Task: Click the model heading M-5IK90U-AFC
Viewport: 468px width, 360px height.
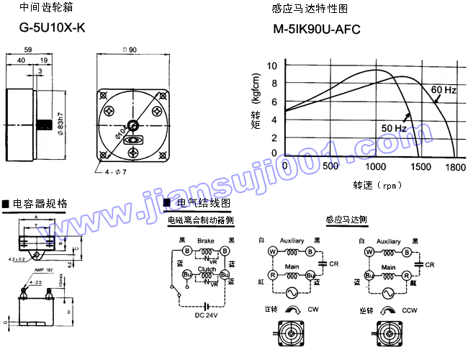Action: pos(316,31)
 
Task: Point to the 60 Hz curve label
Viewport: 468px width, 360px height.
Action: pos(444,90)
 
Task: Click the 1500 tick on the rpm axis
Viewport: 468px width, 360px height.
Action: pos(419,166)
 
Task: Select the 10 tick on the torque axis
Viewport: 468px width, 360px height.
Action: pos(272,66)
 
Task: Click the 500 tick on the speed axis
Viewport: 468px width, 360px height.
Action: pos(330,166)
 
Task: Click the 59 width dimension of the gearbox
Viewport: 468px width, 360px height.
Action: pos(27,50)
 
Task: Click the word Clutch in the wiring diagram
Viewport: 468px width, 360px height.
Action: pos(207,268)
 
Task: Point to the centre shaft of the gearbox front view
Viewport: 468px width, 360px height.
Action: pos(132,125)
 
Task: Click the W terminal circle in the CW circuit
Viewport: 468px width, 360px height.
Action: pos(273,251)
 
